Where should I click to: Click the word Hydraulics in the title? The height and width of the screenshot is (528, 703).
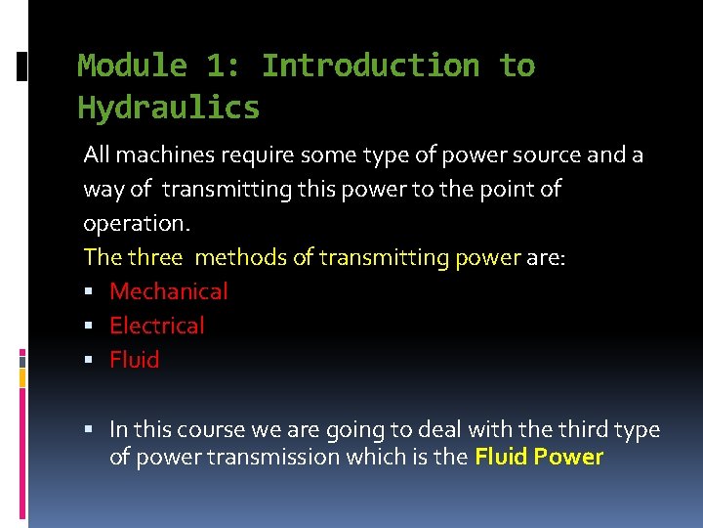[x=169, y=108]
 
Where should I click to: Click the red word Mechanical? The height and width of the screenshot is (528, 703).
[x=169, y=291]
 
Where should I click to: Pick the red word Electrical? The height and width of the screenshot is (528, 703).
[x=157, y=326]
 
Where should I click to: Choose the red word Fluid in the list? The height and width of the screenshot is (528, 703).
[x=135, y=360]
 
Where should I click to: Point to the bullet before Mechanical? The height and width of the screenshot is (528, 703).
[x=89, y=292]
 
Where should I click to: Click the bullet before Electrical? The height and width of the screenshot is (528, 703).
[x=89, y=327]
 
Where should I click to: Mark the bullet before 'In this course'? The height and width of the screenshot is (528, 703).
[x=89, y=430]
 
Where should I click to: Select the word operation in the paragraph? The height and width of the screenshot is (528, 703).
[x=134, y=223]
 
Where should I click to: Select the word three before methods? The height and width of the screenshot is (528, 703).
[x=155, y=257]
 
